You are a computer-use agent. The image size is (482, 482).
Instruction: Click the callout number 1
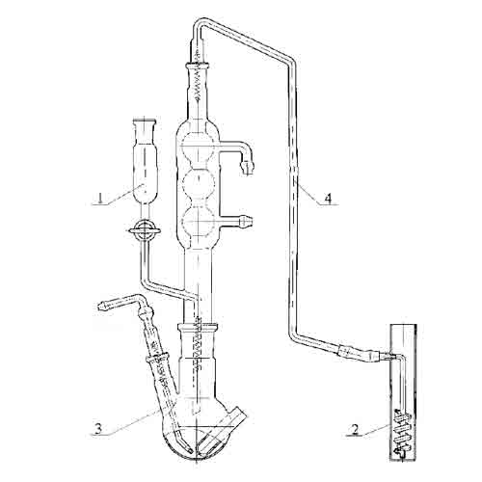[x=101, y=199]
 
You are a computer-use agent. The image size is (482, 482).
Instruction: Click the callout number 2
[x=355, y=430]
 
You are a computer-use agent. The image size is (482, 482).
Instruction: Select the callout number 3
[x=98, y=429]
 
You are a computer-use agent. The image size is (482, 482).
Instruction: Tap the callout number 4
[x=328, y=199]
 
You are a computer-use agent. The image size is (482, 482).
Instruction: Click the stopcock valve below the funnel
[x=144, y=229]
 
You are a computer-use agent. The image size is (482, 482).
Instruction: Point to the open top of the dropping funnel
[x=145, y=121]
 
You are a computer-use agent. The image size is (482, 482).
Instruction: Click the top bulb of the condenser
[x=198, y=147]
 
